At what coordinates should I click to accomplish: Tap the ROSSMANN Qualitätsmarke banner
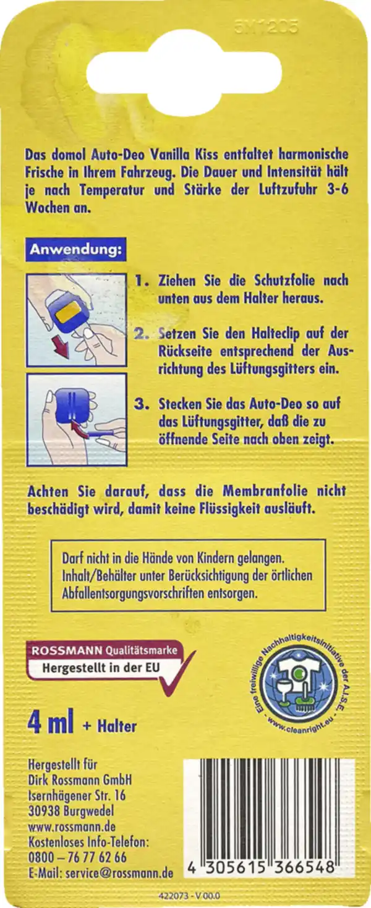pos(104,650)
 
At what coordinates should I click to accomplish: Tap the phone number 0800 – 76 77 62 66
pos(78,858)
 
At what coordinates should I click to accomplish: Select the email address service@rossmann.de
pos(101,872)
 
